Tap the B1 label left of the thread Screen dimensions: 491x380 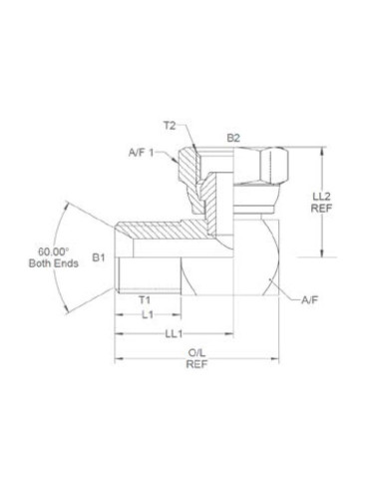99,257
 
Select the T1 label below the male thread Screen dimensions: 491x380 144,298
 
